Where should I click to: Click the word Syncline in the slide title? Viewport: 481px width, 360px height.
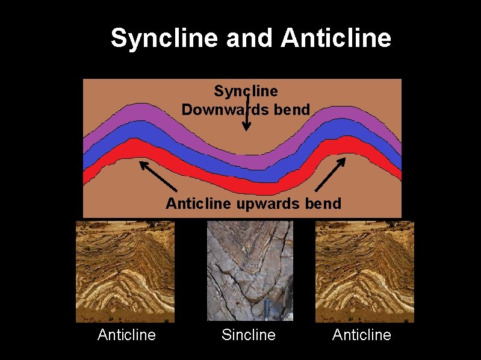pos(164,39)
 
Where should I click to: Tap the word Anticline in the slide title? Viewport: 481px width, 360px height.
pos(336,39)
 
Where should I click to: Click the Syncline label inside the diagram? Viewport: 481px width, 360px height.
pos(246,91)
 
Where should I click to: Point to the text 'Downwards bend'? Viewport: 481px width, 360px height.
pos(246,110)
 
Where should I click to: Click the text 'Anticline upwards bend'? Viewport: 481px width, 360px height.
pos(253,203)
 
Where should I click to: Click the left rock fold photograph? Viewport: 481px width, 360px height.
pos(125,272)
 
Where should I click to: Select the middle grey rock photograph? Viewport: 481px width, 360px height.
pos(250,271)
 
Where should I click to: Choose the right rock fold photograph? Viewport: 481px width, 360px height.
pos(365,272)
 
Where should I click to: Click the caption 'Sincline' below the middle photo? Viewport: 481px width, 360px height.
pos(249,335)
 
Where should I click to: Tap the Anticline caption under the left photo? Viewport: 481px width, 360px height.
pos(126,335)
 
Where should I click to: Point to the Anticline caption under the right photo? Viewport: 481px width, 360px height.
pos(362,335)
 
